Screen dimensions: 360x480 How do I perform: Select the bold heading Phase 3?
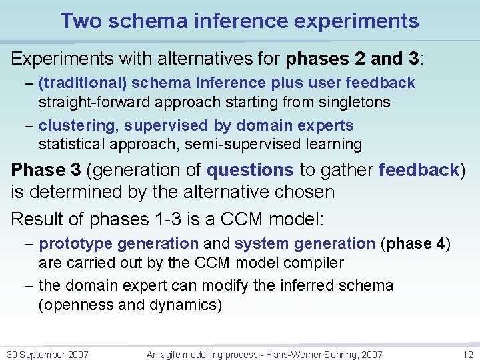click(x=45, y=170)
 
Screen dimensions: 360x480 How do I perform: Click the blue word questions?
click(x=249, y=170)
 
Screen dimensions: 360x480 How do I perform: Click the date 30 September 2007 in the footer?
click(x=47, y=355)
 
